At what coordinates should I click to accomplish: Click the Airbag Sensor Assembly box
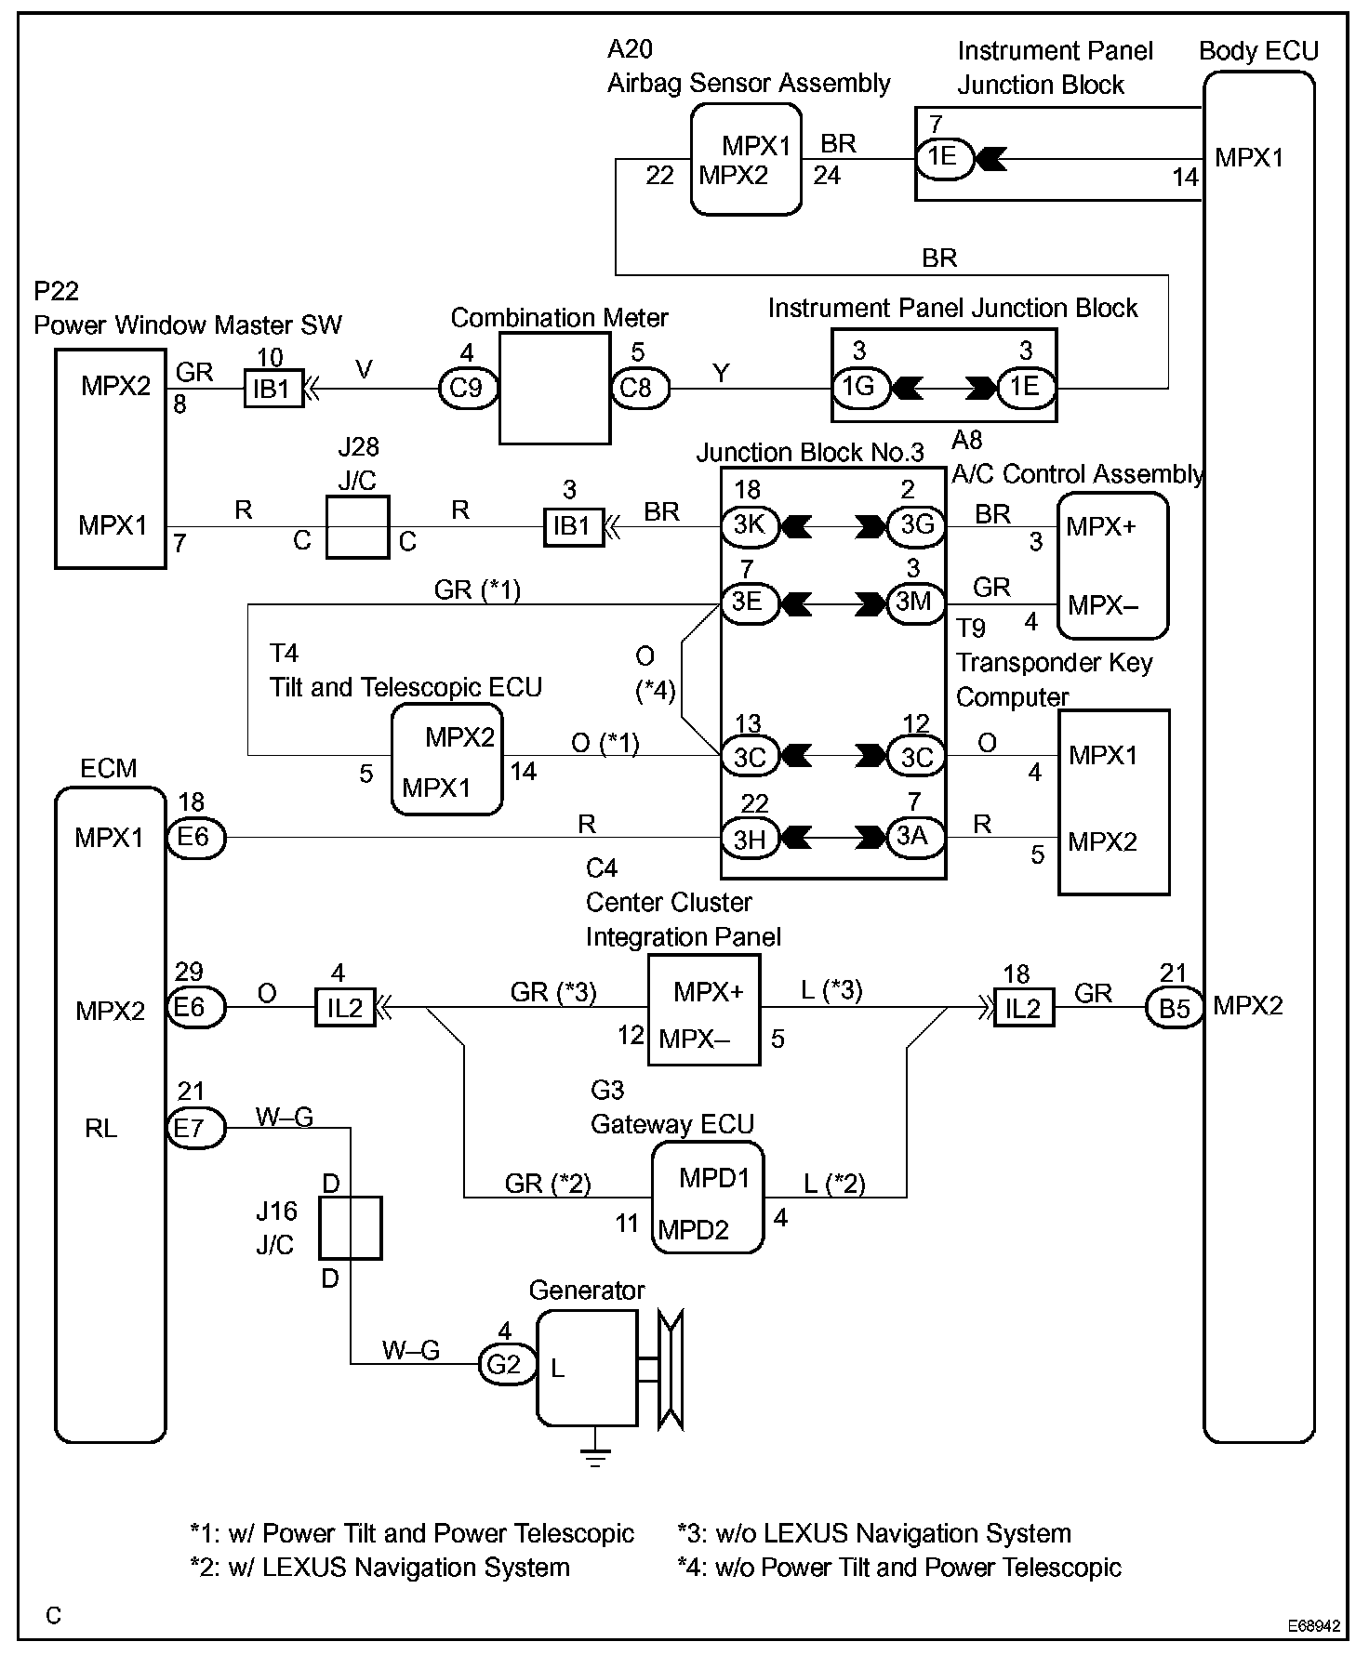tap(746, 159)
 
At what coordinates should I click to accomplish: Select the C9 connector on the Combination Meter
tap(467, 388)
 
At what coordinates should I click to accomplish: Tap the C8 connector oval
tap(639, 388)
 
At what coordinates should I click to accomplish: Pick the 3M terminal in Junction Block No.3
tap(916, 602)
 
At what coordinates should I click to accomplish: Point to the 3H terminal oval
tap(750, 839)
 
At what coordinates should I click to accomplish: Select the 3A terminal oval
tap(916, 837)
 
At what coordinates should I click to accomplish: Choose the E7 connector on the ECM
tap(196, 1128)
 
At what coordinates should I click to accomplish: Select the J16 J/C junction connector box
tap(351, 1228)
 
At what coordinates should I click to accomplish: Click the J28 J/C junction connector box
tap(357, 527)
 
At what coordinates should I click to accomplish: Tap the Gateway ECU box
tap(707, 1198)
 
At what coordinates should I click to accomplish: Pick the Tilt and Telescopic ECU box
tap(446, 760)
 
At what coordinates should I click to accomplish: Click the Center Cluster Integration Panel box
tap(704, 1010)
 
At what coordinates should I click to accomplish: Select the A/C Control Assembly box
tap(1113, 565)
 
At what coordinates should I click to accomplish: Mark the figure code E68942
tap(1314, 1626)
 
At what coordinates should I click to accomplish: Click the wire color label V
tap(364, 370)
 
